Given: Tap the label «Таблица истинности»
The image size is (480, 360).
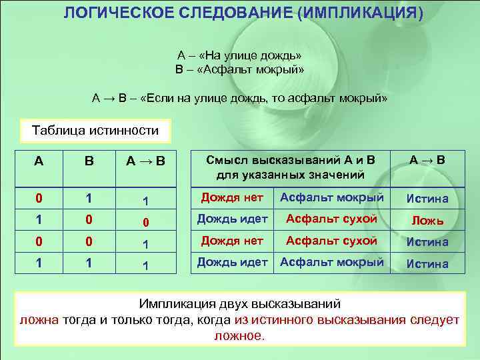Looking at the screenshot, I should click(x=96, y=130).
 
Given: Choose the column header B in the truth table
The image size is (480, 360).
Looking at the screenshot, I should click(x=88, y=161).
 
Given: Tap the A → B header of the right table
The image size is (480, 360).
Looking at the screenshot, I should click(x=427, y=160).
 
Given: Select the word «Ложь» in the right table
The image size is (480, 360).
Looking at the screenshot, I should click(x=427, y=221).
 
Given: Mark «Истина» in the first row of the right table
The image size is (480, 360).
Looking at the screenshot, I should click(x=427, y=199).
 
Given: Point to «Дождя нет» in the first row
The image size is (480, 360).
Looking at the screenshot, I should click(x=227, y=197).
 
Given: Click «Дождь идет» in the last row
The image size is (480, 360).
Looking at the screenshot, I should click(x=232, y=263).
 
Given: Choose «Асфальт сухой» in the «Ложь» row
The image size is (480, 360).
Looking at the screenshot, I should click(x=331, y=219).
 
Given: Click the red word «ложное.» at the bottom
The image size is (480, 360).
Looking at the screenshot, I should click(x=239, y=335).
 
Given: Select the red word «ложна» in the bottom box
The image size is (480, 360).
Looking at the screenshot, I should click(x=39, y=320).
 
